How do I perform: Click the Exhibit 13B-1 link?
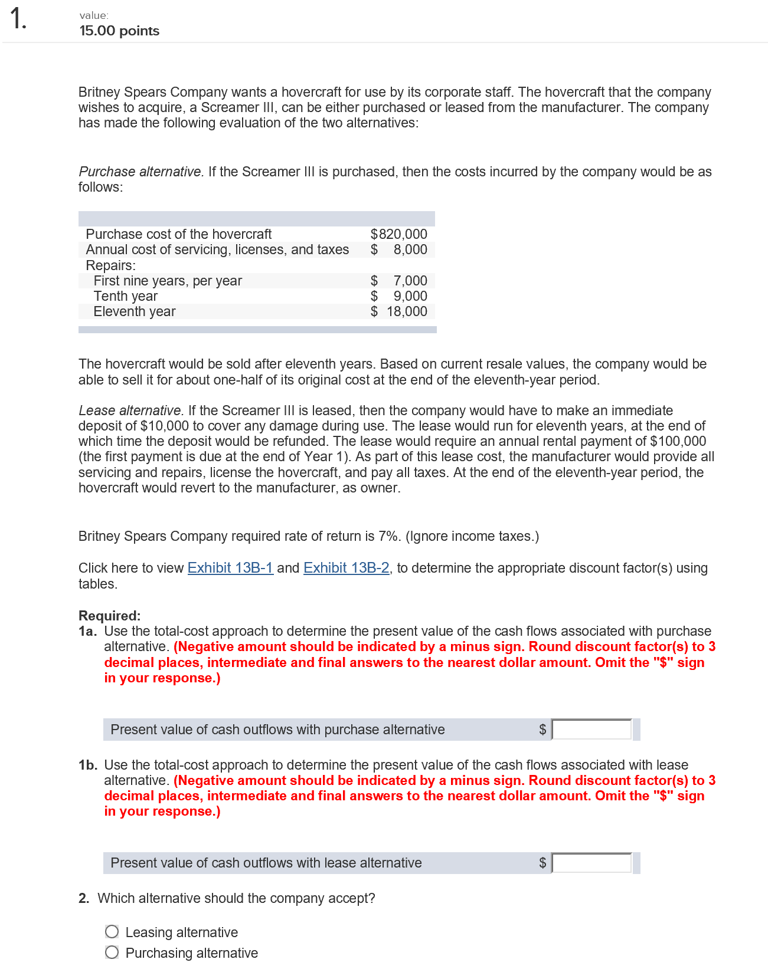tap(230, 568)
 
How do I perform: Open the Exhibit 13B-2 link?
tap(346, 568)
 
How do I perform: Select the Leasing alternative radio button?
tap(112, 932)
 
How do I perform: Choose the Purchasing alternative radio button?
tap(112, 952)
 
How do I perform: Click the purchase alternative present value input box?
tap(591, 730)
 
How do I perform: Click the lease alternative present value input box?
tap(591, 863)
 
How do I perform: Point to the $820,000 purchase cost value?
tap(398, 234)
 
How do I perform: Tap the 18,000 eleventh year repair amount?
tap(407, 311)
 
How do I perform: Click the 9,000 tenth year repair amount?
tap(410, 296)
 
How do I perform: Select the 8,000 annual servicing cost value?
tap(410, 249)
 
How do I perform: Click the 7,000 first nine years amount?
tap(410, 281)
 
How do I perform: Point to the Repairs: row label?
tap(111, 265)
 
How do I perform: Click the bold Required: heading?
tap(109, 616)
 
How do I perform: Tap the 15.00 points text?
tap(119, 31)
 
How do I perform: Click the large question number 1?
tap(18, 19)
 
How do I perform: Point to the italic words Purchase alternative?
tap(140, 172)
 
